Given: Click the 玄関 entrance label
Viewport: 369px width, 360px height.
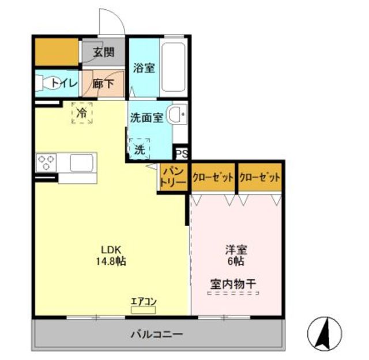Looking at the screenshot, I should tap(104, 52).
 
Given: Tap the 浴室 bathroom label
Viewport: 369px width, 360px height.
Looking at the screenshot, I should tap(144, 67).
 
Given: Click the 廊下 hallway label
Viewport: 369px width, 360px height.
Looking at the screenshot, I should tap(104, 83).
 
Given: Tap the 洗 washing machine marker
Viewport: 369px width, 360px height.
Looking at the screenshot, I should tap(140, 149).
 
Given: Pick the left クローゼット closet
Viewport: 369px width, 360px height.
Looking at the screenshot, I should tap(213, 177).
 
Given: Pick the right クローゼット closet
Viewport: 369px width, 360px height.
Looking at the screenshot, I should tap(259, 177).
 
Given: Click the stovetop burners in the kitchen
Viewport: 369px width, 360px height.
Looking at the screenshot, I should tap(46, 162).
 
